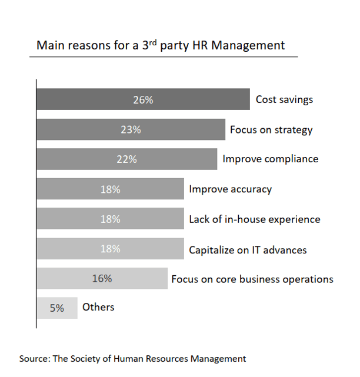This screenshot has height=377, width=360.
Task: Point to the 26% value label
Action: coord(143,100)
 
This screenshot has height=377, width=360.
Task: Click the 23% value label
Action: coord(131,129)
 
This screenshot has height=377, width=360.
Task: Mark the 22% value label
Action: coord(126,159)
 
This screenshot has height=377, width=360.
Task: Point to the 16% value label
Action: coord(102,279)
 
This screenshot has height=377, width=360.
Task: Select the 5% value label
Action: coord(56,308)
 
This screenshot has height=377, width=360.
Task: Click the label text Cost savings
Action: coord(284,99)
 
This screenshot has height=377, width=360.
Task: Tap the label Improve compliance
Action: coord(270,159)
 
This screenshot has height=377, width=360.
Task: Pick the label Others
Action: coord(98,307)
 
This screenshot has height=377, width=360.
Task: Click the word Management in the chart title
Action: coord(252,45)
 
